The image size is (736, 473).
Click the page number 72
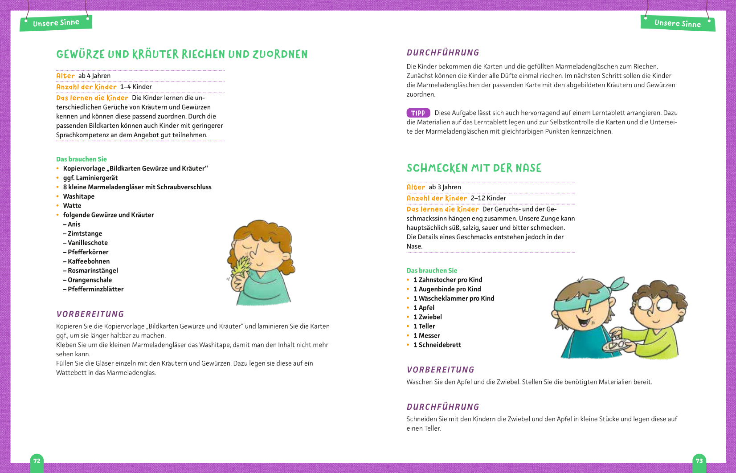click(x=37, y=461)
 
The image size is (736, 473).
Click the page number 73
click(x=699, y=461)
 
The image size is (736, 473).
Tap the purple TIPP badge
click(x=418, y=113)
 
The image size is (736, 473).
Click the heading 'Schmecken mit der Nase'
click(x=474, y=168)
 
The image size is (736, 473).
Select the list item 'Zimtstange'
click(x=85, y=233)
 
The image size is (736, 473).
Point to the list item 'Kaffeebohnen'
click(x=88, y=261)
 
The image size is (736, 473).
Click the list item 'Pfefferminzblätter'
click(x=95, y=289)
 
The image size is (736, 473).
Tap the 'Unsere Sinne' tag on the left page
click(x=56, y=23)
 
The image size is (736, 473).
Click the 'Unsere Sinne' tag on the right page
click(x=677, y=24)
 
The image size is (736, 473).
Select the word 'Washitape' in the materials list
click(x=78, y=196)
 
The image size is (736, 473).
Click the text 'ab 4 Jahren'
click(x=94, y=76)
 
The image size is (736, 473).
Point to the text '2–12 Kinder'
click(x=488, y=198)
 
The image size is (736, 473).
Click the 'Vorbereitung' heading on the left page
click(x=90, y=314)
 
